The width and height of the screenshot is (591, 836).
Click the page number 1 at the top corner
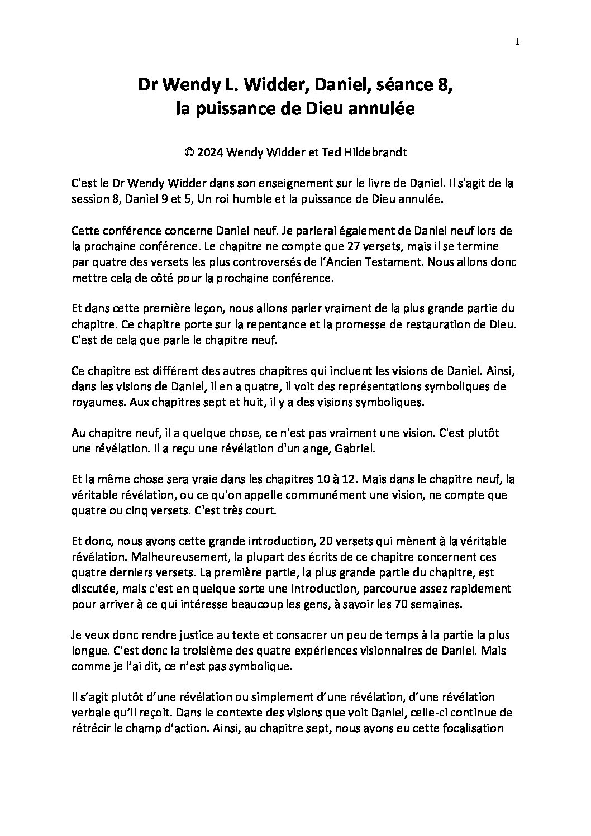(x=518, y=41)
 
